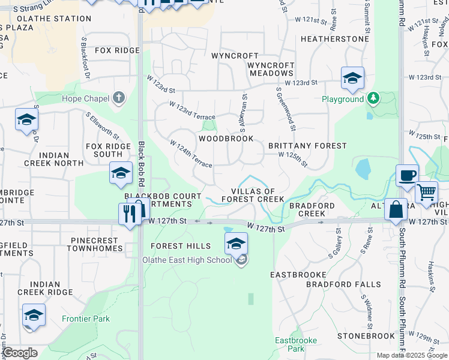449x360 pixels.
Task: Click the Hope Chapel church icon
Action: [x=119, y=98]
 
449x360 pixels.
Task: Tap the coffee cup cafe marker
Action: [x=407, y=175]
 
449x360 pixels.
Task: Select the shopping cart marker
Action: [x=426, y=193]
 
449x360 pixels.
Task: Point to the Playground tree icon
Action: [x=373, y=98]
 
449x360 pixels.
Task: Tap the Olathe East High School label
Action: [x=187, y=260]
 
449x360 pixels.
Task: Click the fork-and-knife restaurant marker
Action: [x=130, y=214]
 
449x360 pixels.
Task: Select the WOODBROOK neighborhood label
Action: [x=226, y=139]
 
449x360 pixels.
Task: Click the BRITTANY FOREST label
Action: [x=307, y=146]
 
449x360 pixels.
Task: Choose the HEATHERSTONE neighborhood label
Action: [x=334, y=39]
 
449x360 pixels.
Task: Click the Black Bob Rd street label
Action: [x=142, y=164]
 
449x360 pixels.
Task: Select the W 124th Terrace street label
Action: [x=191, y=154]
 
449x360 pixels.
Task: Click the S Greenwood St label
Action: [x=286, y=109]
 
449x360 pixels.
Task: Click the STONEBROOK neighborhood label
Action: [x=366, y=336]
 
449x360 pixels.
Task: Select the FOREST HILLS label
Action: [x=181, y=246]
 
